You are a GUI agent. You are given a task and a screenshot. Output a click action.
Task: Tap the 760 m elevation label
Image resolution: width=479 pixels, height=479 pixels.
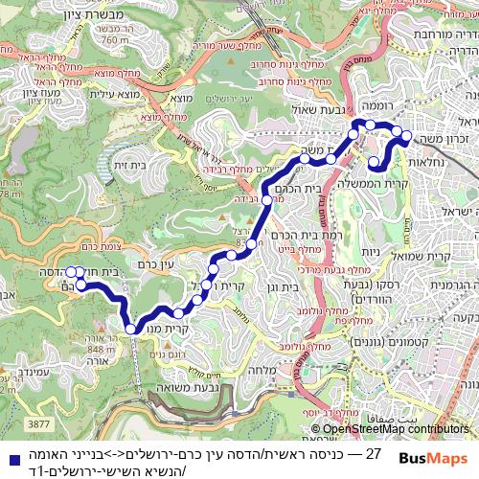[x=115, y=40]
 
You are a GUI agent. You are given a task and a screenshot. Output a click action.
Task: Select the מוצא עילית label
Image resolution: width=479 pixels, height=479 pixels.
[x=115, y=93]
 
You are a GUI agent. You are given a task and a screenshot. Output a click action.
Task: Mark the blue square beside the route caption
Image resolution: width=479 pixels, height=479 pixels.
[x=9, y=458]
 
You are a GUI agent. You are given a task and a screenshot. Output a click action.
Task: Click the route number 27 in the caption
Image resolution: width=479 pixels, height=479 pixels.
[x=374, y=452]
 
